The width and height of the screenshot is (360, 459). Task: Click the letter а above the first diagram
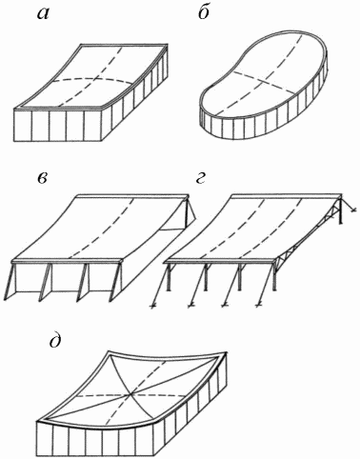(x=43, y=14)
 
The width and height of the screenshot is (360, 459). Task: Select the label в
(x=42, y=179)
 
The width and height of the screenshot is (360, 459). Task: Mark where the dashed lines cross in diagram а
(x=93, y=78)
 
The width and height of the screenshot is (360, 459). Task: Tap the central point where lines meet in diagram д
(x=130, y=394)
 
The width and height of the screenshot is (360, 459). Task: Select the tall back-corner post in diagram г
(x=341, y=209)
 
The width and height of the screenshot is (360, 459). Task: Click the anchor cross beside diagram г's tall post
(x=353, y=210)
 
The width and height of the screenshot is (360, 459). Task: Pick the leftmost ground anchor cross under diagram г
(x=152, y=306)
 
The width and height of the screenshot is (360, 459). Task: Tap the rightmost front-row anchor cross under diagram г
(x=259, y=306)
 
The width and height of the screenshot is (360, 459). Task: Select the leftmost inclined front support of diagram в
(x=11, y=280)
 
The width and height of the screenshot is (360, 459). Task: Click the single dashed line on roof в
(x=101, y=229)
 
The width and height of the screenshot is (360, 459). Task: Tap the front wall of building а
(x=60, y=126)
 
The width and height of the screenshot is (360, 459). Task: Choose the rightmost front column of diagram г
(x=274, y=277)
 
